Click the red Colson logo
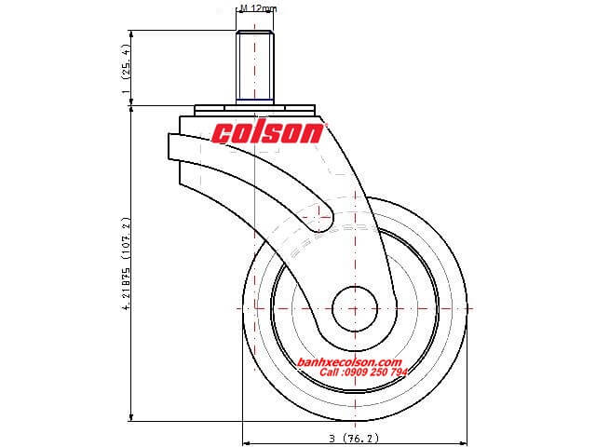(x=267, y=133)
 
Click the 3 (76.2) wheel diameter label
(x=354, y=439)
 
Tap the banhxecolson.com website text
(x=350, y=362)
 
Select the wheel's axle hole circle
(x=355, y=308)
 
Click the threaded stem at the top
(x=254, y=67)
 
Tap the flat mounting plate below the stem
(x=254, y=109)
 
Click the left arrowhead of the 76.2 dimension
(x=246, y=443)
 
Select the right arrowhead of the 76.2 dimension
(x=463, y=443)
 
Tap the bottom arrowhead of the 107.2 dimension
(x=131, y=417)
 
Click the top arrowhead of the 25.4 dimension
(x=131, y=34)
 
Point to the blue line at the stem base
(x=254, y=100)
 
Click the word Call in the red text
(x=329, y=372)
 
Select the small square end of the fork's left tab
(x=173, y=146)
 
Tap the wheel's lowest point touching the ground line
(x=355, y=421)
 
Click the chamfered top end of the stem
(x=254, y=32)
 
